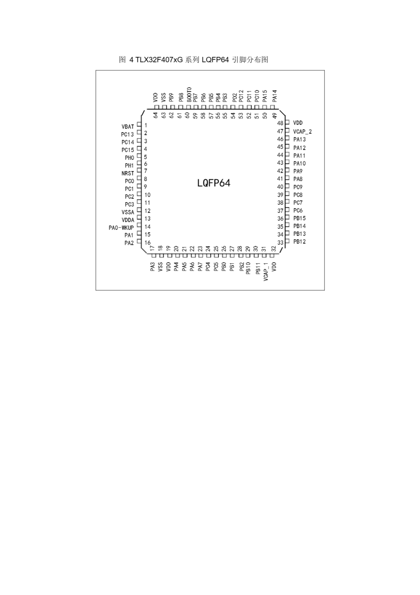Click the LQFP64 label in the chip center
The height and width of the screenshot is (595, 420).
(213, 183)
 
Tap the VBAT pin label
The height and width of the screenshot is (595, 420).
(128, 127)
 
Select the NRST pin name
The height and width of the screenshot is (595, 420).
(128, 173)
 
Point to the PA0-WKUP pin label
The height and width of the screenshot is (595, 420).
(121, 228)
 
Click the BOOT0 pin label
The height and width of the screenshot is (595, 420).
(189, 95)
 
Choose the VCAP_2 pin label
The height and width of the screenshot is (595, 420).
(302, 132)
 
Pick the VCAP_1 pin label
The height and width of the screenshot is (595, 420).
(266, 271)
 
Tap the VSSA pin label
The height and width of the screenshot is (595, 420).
(128, 212)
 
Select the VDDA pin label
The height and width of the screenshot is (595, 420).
(128, 220)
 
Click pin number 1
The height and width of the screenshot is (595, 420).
(146, 126)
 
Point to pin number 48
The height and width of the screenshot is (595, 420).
(280, 123)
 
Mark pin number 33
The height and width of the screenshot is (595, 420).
(280, 243)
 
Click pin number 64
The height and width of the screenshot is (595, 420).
(155, 115)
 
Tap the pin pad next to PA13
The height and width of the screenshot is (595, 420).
(287, 138)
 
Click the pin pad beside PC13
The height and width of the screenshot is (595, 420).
(139, 133)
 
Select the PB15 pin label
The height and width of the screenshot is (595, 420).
(299, 218)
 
